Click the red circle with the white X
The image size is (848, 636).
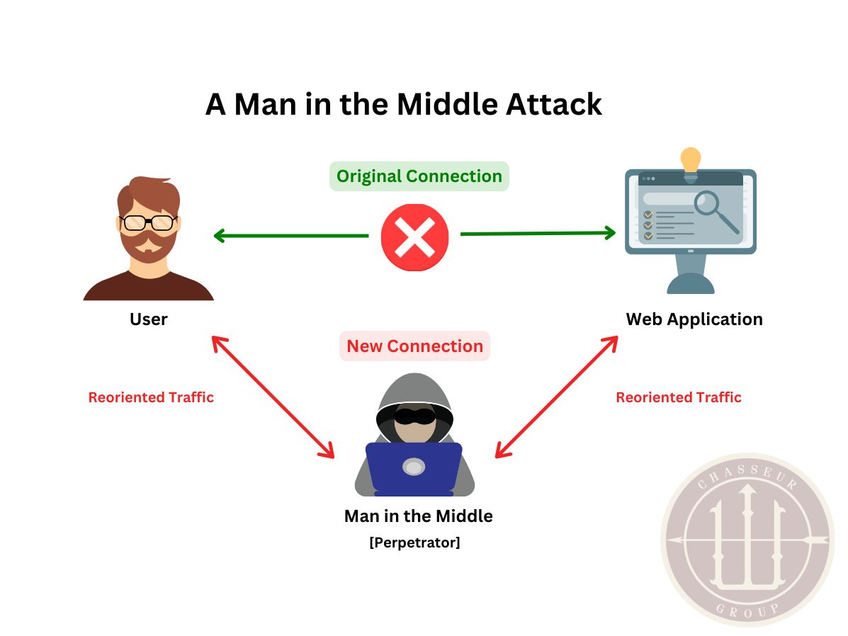(414, 237)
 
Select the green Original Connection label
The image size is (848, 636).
(419, 176)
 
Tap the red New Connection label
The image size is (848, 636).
(414, 346)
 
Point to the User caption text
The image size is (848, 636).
(148, 319)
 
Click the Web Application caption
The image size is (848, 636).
(694, 319)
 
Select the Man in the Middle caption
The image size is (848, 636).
(418, 516)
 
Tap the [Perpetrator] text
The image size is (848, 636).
(414, 543)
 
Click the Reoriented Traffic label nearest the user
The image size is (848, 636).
(151, 397)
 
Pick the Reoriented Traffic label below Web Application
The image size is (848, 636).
(678, 397)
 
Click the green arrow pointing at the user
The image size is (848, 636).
(290, 236)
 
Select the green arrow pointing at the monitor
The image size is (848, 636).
(538, 233)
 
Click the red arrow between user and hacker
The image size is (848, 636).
(273, 397)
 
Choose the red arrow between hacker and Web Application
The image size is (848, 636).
(556, 397)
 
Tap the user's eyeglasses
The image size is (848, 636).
(148, 222)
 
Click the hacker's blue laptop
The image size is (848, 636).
(414, 467)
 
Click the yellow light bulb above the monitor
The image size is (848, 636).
(690, 160)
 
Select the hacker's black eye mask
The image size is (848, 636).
(414, 416)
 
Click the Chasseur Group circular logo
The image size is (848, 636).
(747, 540)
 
